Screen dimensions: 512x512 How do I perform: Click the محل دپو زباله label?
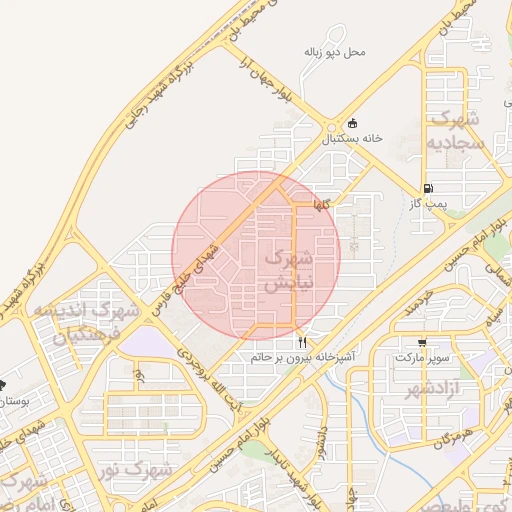336,51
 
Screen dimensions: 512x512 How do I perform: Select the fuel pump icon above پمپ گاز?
428,187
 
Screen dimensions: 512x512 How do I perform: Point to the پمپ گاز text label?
429,203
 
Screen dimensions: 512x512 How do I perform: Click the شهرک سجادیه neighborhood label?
456,130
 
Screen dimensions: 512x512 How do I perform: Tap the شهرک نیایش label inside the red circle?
288,270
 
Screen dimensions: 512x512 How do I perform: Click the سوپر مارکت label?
423,356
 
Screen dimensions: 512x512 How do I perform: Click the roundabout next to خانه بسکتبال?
331,127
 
